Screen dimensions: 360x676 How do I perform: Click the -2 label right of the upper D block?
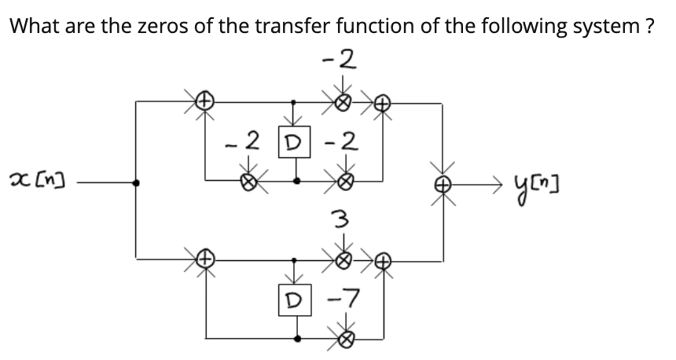pyautogui.click(x=342, y=143)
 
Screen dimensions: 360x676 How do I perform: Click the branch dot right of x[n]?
pyautogui.click(x=138, y=182)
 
